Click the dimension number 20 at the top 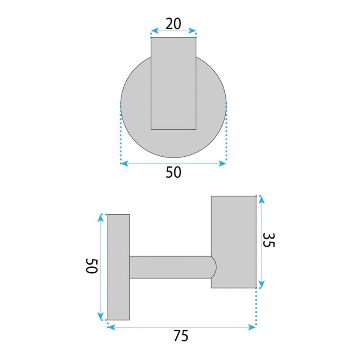173,24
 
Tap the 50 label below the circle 173,172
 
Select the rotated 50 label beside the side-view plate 92,266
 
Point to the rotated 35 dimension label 268,240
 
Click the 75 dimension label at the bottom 181,336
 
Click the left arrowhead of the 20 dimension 155,31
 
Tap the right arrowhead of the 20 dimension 192,31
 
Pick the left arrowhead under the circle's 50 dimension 124,164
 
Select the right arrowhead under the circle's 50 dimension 222,164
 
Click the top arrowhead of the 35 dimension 261,200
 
